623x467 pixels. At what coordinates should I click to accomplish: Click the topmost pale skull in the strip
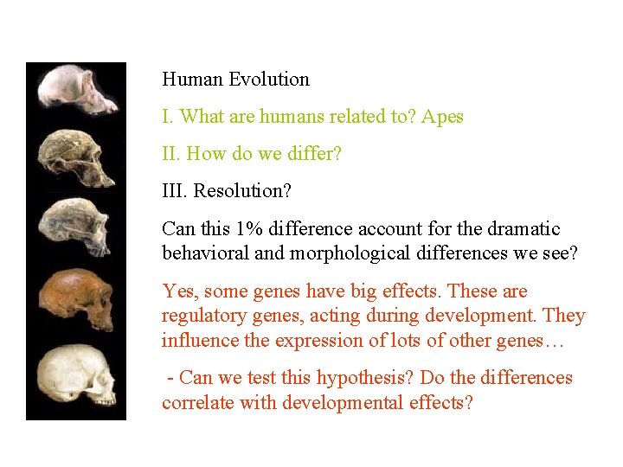[77, 92]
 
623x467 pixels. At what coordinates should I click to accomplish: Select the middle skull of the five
[77, 226]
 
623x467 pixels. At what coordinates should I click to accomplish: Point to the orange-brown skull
[77, 298]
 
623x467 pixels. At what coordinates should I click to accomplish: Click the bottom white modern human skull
[77, 374]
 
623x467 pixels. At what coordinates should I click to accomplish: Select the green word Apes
[443, 117]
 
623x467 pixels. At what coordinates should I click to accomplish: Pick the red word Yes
[177, 291]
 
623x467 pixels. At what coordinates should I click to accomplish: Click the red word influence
[198, 340]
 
